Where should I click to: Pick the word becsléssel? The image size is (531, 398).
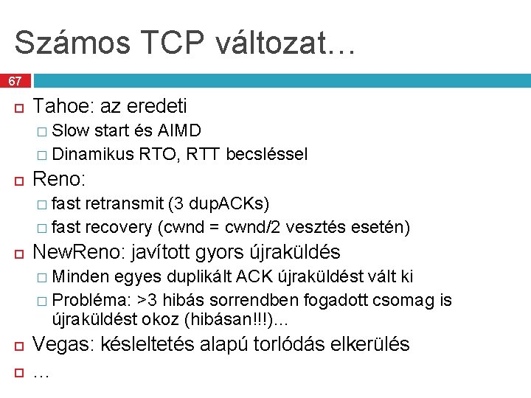(267, 154)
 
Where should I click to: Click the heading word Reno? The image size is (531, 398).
(60, 179)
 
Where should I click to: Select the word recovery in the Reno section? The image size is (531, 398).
(114, 226)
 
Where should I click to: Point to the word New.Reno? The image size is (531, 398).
(80, 252)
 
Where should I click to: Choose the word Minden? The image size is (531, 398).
(81, 276)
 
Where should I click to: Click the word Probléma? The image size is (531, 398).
(89, 300)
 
